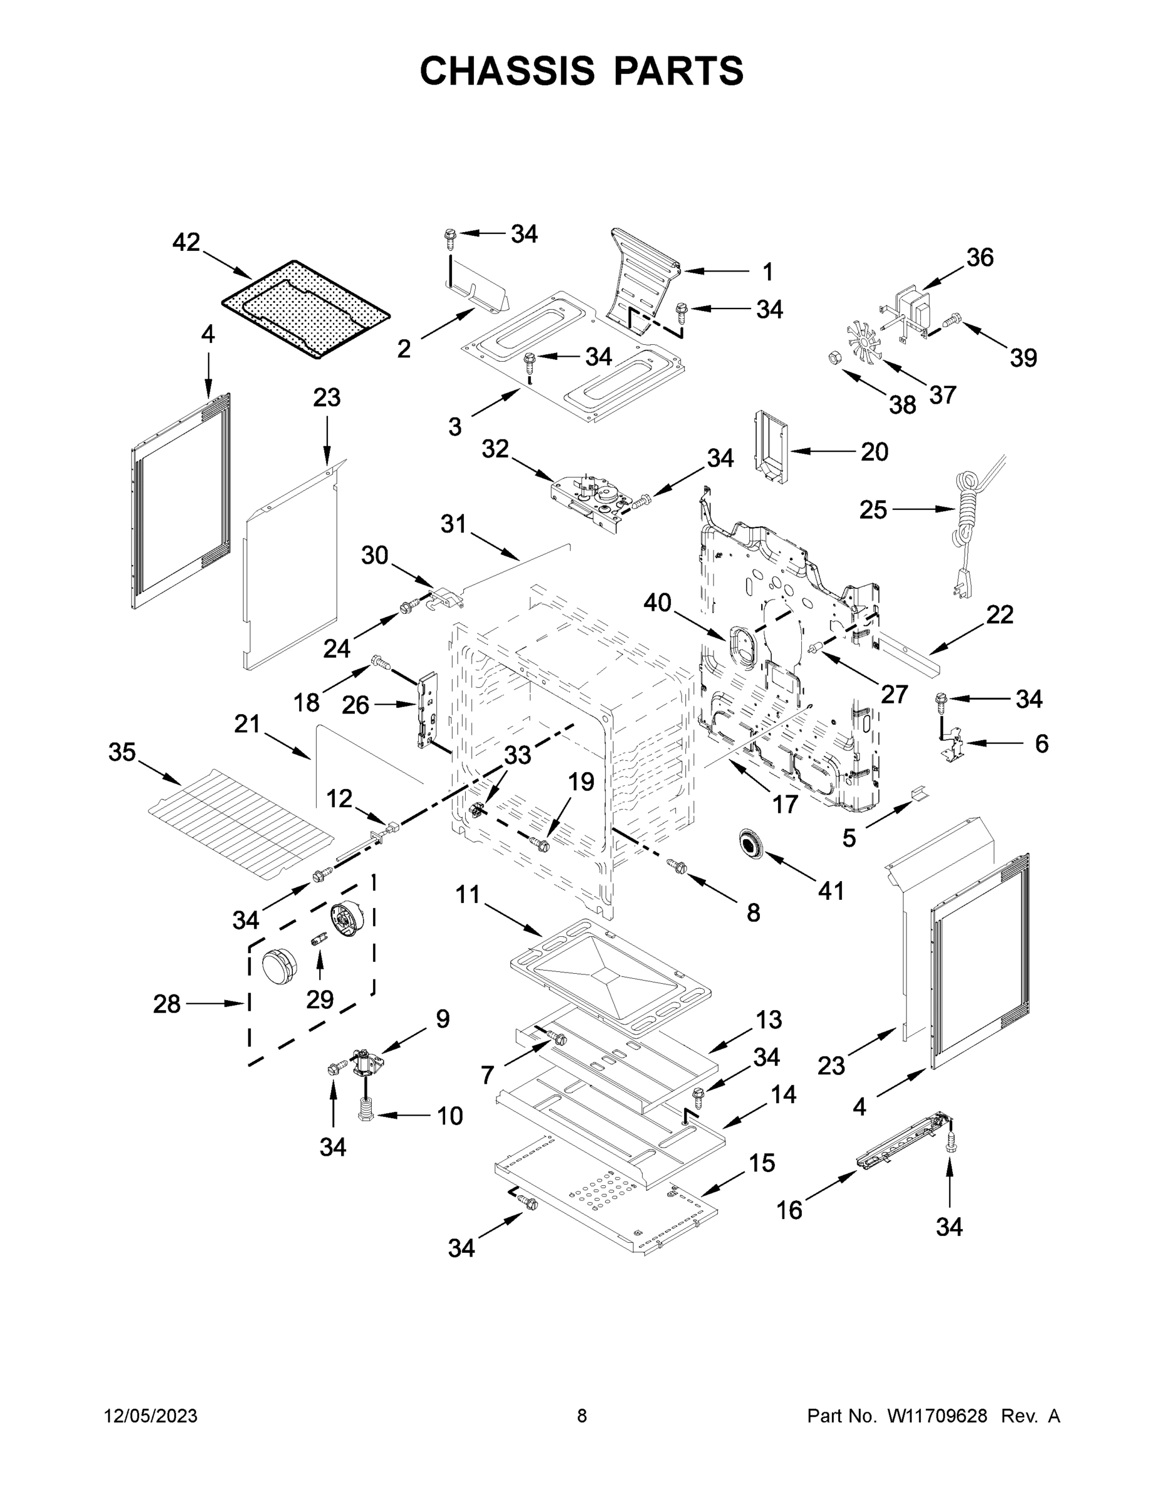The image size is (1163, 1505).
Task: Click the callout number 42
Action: (186, 243)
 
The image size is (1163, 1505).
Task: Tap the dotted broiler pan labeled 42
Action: (305, 309)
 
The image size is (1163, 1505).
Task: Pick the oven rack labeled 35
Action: (241, 823)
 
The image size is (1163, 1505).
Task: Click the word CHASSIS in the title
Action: (507, 71)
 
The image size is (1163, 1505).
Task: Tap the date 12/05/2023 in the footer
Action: (151, 1416)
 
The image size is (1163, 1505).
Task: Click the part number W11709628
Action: (937, 1416)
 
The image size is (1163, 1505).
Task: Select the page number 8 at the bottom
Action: (582, 1416)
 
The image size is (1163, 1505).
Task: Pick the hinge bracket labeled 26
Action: (427, 709)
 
